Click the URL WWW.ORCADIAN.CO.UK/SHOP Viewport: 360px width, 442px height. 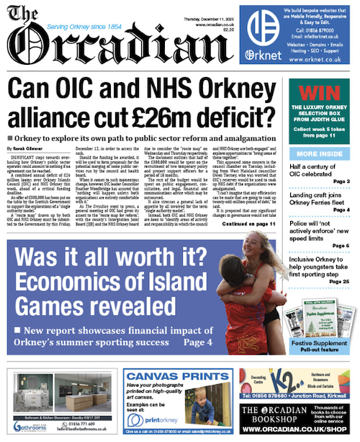pyautogui.click(x=298, y=430)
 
